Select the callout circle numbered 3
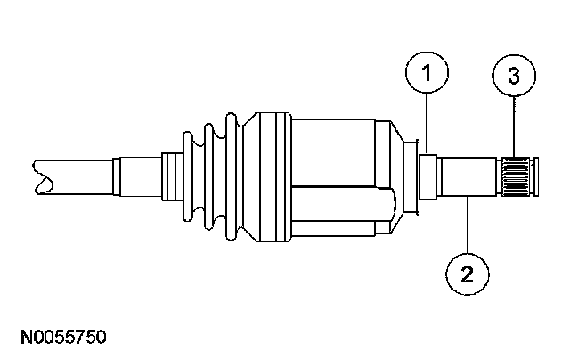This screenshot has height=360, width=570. point(515,78)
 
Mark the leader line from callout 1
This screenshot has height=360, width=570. point(427,125)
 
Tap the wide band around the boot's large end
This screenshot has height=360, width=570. point(272,176)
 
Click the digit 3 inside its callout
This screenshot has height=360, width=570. point(515,78)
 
